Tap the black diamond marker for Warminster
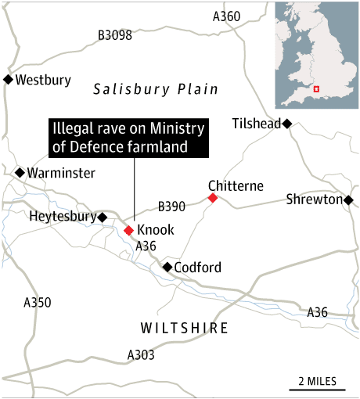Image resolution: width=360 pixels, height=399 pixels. click(x=19, y=173)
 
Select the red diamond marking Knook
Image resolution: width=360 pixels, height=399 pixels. click(x=129, y=230)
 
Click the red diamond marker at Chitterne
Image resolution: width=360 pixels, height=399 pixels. click(x=212, y=199)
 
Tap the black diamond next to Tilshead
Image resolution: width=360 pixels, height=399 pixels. click(x=287, y=124)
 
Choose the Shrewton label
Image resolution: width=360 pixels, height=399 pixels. click(x=314, y=199)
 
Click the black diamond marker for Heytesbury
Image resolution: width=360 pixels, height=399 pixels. click(x=102, y=217)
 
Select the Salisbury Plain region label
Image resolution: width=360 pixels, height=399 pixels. click(x=156, y=89)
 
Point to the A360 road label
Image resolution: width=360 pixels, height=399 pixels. click(x=227, y=16)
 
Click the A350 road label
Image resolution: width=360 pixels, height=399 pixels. click(x=38, y=302)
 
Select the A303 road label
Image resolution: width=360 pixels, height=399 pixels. click(x=141, y=355)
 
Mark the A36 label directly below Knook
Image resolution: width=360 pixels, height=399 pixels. click(x=147, y=246)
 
